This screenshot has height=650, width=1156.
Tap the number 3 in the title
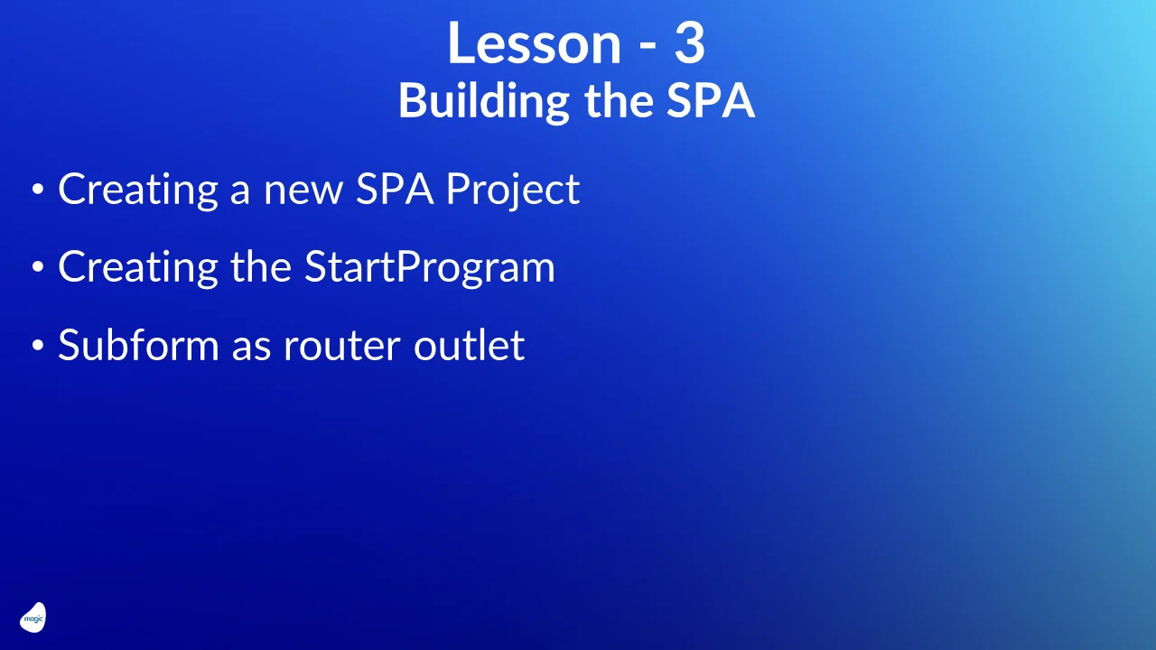(x=689, y=43)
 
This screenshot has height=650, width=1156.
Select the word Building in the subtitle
(x=483, y=101)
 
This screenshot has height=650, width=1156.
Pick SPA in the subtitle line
(x=710, y=101)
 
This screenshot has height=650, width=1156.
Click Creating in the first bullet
(x=138, y=190)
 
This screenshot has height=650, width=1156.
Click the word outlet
(x=469, y=345)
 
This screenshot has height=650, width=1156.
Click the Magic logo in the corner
(x=33, y=618)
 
